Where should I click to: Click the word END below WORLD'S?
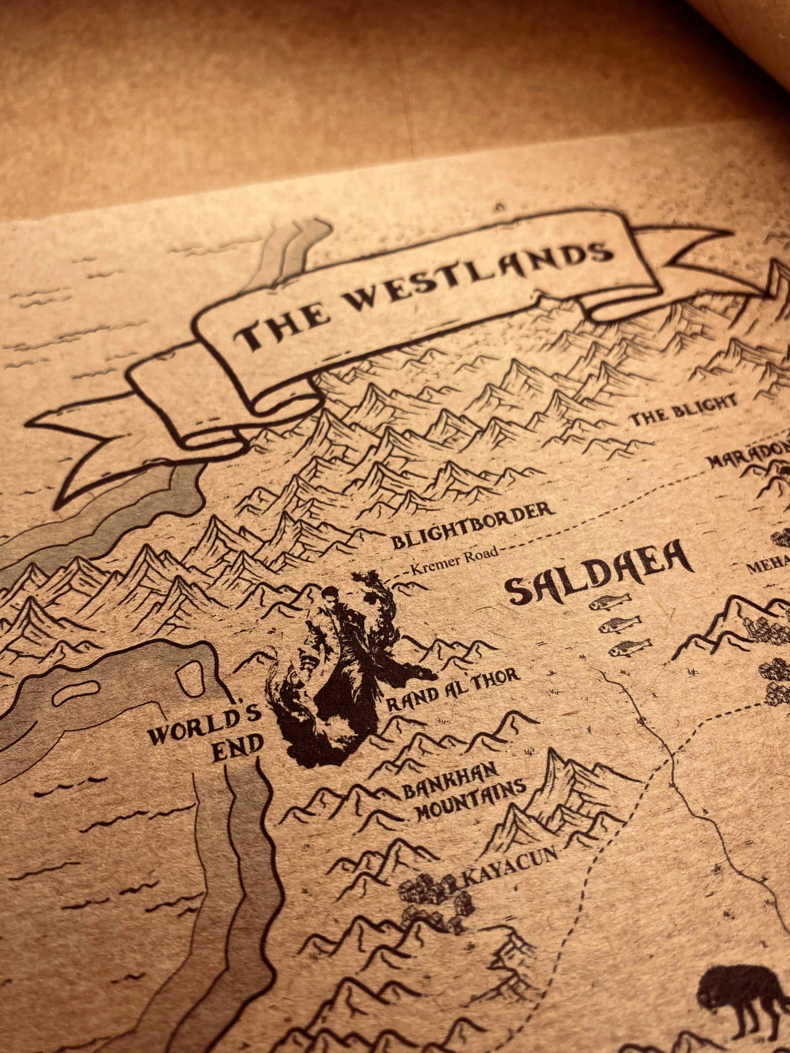click(x=237, y=753)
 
